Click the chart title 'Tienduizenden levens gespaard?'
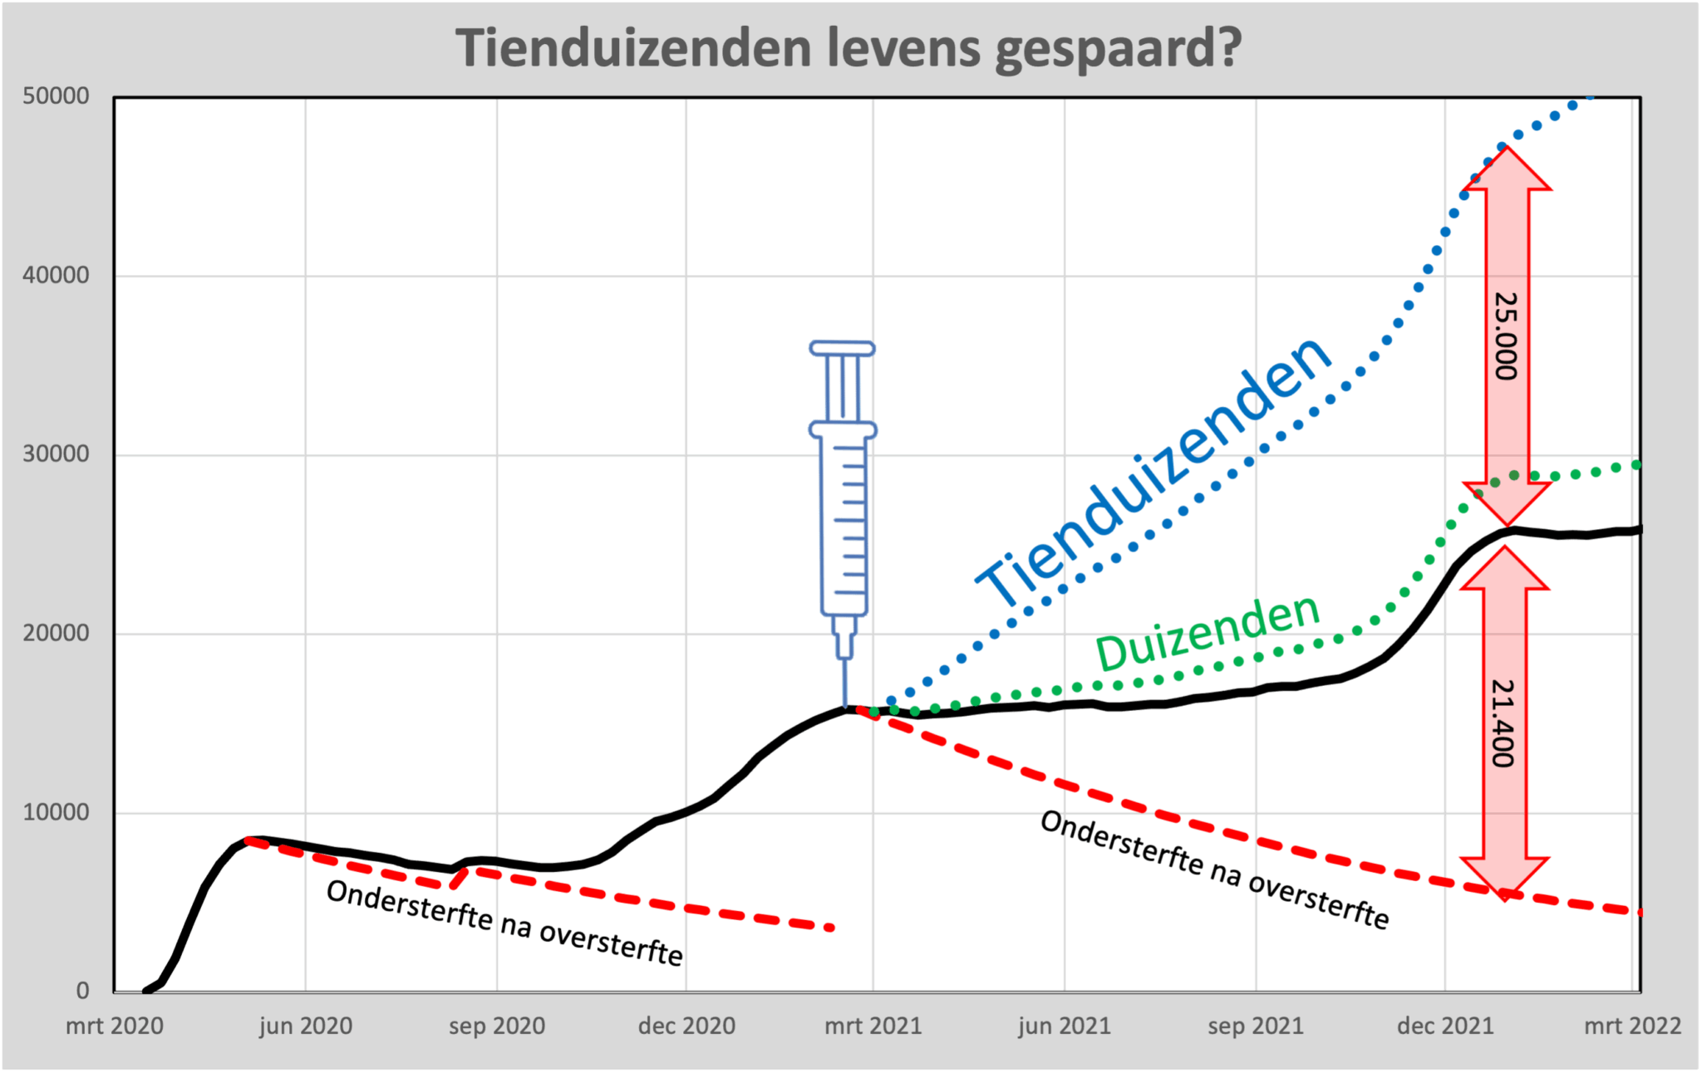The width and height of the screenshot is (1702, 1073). coord(849,47)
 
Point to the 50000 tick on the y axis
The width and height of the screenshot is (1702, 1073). coord(56,96)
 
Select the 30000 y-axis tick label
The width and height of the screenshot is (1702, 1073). coord(56,454)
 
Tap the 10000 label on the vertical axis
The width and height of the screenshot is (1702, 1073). coord(56,812)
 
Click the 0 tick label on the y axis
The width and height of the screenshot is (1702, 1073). coord(82,991)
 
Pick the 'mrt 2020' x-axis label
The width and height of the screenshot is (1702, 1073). coord(115,1026)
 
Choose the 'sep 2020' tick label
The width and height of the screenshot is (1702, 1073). coord(497,1026)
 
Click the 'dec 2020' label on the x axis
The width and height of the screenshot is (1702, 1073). coord(686,1026)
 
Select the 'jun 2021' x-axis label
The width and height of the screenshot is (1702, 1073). coord(1065,1026)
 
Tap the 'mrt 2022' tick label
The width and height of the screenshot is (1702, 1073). coord(1632,1026)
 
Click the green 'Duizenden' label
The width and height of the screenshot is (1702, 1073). coord(1208,633)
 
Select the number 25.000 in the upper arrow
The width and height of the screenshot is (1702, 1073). coord(1506,336)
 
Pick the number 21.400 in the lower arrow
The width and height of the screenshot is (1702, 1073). coord(1503,723)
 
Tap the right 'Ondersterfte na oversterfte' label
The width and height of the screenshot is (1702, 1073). coord(1214,870)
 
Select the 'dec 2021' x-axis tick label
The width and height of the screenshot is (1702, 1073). coord(1445,1026)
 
